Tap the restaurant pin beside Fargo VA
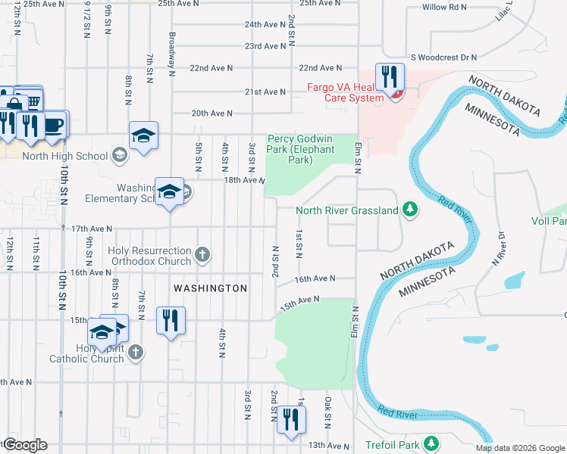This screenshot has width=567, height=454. (390, 79)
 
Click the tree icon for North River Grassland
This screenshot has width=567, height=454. (410, 209)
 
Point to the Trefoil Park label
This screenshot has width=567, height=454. (391, 443)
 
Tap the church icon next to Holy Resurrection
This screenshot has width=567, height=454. (202, 254)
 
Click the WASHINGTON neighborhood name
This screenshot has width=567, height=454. (210, 288)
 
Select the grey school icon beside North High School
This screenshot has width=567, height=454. (119, 156)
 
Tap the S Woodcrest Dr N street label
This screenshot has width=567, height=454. (443, 57)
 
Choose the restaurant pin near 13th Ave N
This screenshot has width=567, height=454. (291, 420)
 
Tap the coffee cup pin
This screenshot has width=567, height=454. (55, 125)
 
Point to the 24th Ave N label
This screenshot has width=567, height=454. (265, 24)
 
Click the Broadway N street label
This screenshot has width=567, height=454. (173, 55)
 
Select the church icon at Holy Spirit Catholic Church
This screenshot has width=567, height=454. (135, 352)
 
